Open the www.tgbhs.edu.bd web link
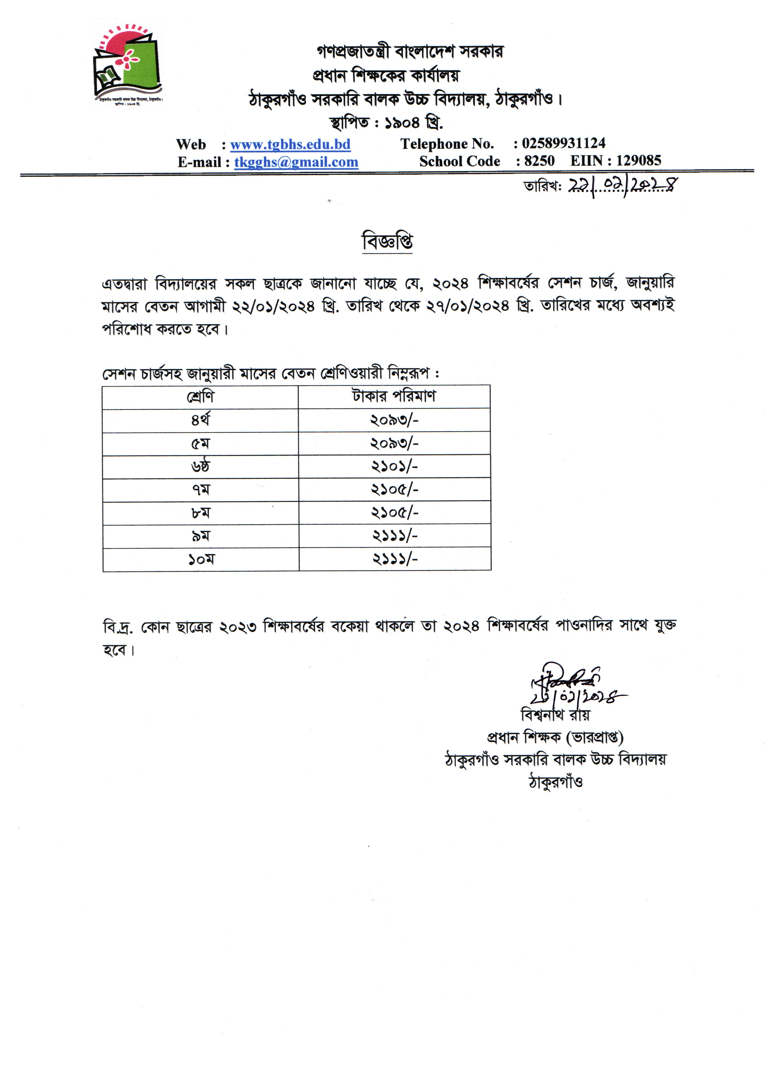[290, 144]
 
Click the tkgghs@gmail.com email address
[296, 162]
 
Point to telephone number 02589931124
[563, 143]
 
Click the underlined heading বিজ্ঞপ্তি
[387, 242]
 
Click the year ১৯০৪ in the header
[402, 123]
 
